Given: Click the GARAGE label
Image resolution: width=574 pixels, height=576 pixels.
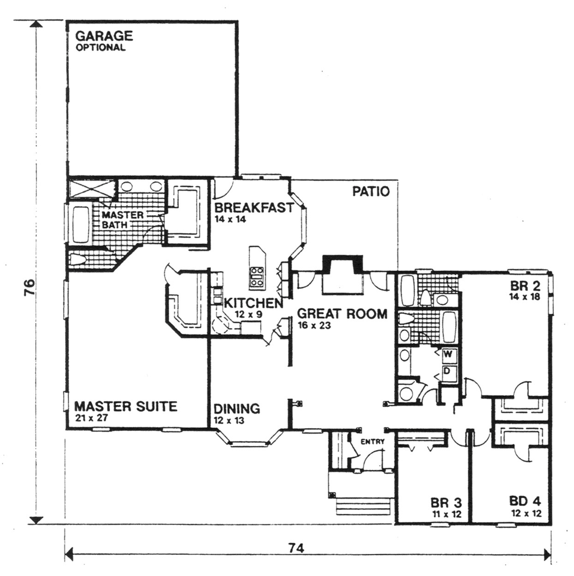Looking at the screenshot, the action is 104,36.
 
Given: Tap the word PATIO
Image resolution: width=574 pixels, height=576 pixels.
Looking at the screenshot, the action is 371,192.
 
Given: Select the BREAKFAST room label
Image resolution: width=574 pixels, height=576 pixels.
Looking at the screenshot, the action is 254,207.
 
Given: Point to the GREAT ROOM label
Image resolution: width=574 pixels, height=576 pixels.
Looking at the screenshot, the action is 342,314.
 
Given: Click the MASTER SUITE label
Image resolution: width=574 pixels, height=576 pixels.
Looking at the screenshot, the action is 126,406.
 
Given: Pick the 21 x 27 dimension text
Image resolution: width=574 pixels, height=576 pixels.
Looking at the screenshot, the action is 91,417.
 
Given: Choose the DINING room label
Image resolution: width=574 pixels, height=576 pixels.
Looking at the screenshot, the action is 237,408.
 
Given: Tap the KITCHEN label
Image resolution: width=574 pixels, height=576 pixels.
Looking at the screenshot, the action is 253,304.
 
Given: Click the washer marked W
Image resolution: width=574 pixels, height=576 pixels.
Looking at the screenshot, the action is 448,355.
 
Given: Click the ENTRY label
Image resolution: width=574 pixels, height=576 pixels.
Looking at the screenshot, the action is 373,442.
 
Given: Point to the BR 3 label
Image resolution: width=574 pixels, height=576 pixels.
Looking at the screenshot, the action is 446,502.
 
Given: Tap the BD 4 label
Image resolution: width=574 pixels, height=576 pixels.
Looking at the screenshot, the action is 525,501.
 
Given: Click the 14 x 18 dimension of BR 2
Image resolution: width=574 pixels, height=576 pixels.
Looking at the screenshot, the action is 525,296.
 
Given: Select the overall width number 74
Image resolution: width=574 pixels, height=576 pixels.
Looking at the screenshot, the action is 296,549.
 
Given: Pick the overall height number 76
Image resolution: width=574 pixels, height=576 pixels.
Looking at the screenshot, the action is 29,287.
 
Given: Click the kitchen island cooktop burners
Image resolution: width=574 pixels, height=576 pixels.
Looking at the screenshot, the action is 257,277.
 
